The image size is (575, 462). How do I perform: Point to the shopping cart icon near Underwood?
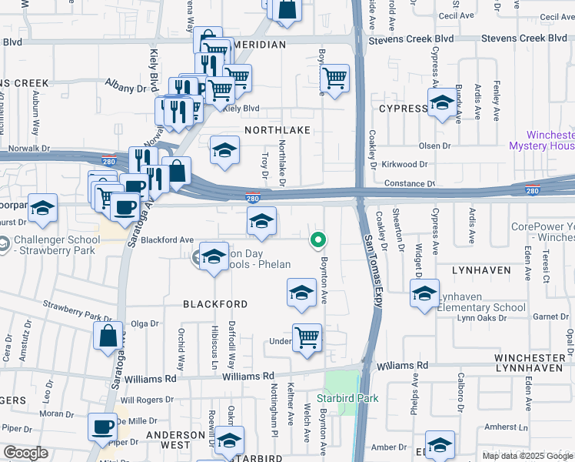pos(307,337)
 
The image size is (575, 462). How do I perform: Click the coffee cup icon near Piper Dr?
pos(101,427)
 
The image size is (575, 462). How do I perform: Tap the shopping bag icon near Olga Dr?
pos(108,335)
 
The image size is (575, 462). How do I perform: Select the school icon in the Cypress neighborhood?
pos(442,103)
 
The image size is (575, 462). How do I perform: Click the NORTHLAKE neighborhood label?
pos(278,130)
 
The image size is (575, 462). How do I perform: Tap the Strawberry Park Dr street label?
pos(78,312)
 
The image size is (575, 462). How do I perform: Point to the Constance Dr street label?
pos(410,184)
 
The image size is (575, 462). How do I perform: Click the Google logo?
pos(26,453)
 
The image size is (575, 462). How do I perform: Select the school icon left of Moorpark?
pos(43,207)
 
